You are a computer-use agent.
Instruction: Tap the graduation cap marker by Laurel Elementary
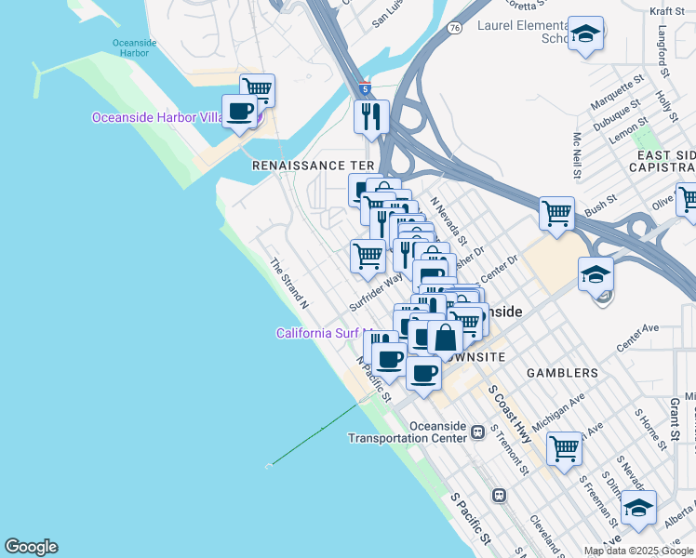(x=585, y=35)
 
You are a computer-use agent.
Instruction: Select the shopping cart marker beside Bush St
(x=556, y=213)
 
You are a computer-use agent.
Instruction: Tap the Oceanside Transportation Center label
(x=408, y=432)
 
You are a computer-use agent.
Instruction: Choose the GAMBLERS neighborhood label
(x=562, y=373)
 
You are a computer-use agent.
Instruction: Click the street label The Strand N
(x=288, y=284)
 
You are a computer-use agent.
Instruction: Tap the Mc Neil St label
(x=578, y=154)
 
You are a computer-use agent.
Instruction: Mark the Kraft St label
(x=667, y=10)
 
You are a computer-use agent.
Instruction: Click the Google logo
(x=31, y=547)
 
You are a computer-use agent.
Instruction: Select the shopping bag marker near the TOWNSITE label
(x=445, y=339)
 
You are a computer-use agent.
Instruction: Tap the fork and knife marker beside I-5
(x=371, y=117)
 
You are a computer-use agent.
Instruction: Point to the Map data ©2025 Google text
(x=639, y=551)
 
